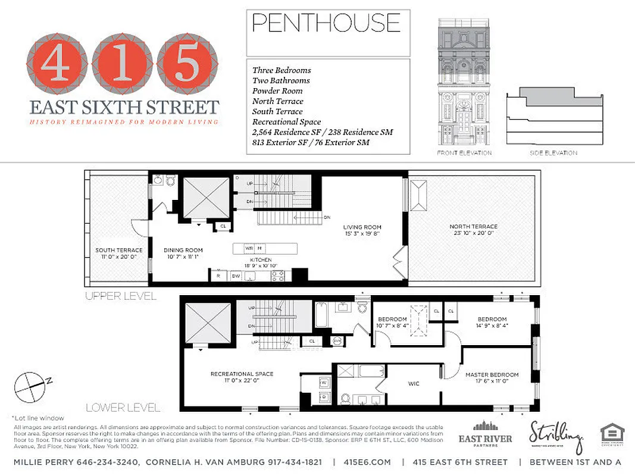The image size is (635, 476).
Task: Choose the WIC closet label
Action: (413, 384)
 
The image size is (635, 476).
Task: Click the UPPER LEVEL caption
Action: (120, 296)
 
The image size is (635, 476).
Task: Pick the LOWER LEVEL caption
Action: (123, 408)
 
